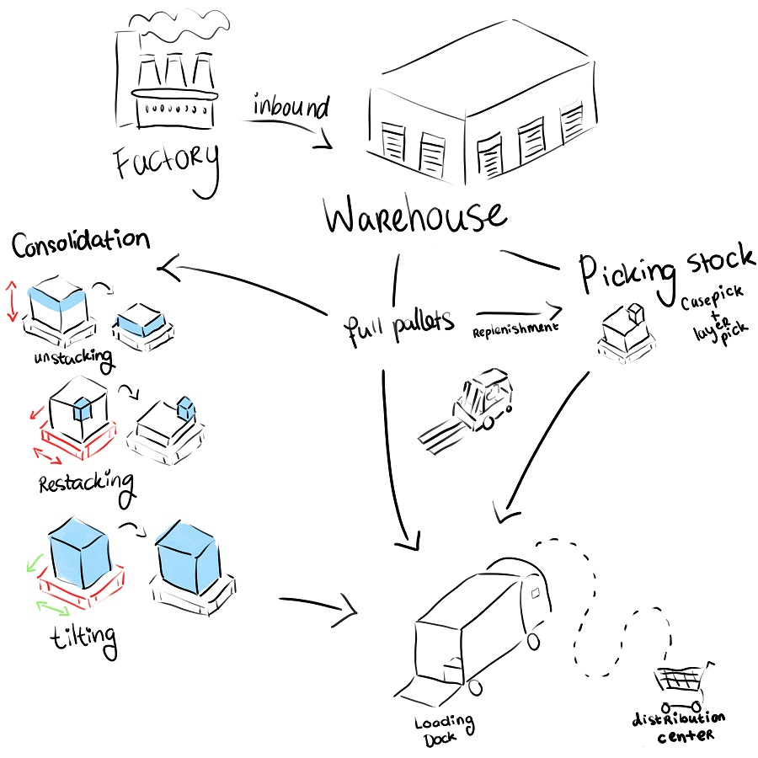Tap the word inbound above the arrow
coord(291,107)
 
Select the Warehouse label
coord(414,216)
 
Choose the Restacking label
coord(87,484)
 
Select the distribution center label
coord(678,726)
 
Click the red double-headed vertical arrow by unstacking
coord(12,302)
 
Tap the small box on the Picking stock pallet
coord(634,313)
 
